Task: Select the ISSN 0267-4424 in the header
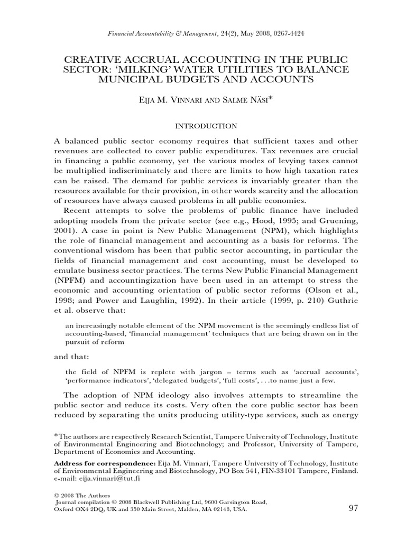pos(285,33)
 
